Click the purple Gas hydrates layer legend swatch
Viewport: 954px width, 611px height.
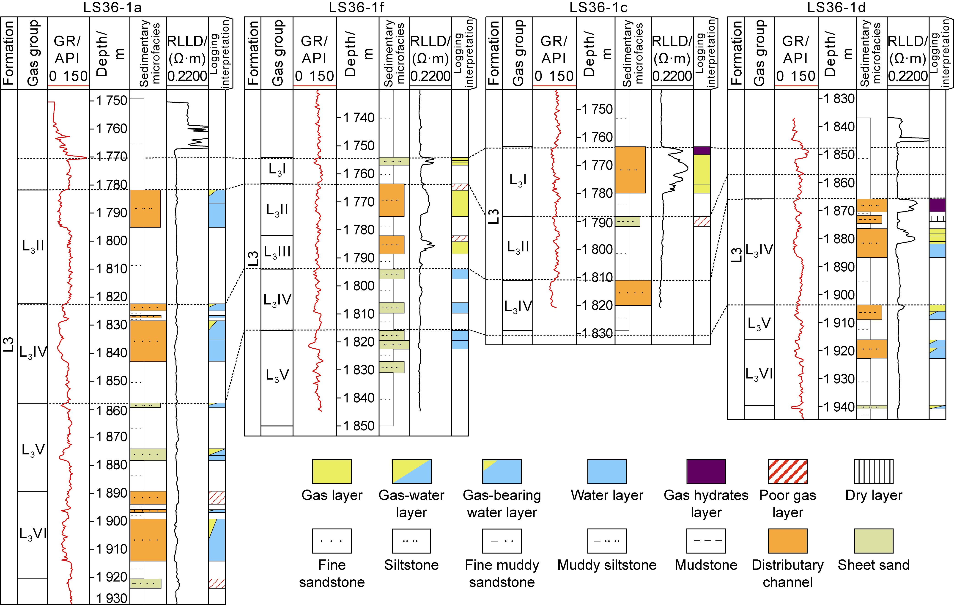706,472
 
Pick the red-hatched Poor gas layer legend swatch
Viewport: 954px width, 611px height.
787,472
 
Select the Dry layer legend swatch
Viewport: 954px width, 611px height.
874,472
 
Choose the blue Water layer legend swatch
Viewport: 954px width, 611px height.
607,472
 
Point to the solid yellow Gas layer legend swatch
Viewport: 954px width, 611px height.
332,472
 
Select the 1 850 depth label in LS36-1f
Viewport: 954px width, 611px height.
359,426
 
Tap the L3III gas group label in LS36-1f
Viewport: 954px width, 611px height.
277,252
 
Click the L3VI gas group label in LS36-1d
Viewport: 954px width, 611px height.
759,374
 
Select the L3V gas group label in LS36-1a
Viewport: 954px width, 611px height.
33,450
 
